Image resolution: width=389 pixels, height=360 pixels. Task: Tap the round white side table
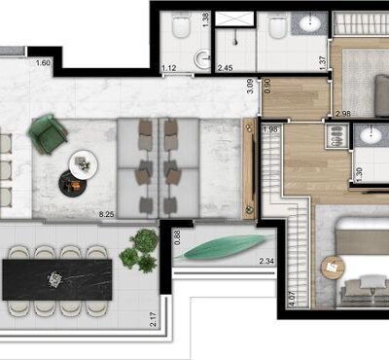coord(83,162)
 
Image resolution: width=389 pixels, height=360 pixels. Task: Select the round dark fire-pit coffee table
coord(70,181)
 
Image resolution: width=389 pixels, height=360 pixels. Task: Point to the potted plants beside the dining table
coord(140,250)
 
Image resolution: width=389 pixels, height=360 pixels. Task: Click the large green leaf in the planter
coord(224,247)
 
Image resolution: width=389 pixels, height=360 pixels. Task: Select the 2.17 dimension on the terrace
coord(155,317)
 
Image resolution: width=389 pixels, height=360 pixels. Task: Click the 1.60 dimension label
coord(42,64)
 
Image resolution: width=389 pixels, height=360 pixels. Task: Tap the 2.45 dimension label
coord(225,67)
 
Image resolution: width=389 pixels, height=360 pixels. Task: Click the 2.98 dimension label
coord(342,114)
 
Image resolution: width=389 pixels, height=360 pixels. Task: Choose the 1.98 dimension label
coord(270,129)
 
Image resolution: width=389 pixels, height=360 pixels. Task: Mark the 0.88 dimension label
coord(177,235)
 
